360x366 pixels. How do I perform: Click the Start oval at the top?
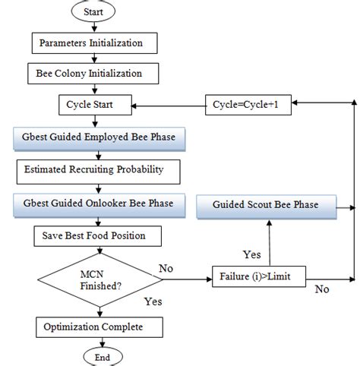tap(94, 12)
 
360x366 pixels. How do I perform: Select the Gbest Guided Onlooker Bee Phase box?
tap(99, 204)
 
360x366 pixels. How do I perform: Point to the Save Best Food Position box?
tap(99, 236)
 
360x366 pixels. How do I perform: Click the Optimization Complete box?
tap(99, 327)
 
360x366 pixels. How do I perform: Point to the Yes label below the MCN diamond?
tap(153, 301)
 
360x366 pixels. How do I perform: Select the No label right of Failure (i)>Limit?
tap(322, 289)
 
